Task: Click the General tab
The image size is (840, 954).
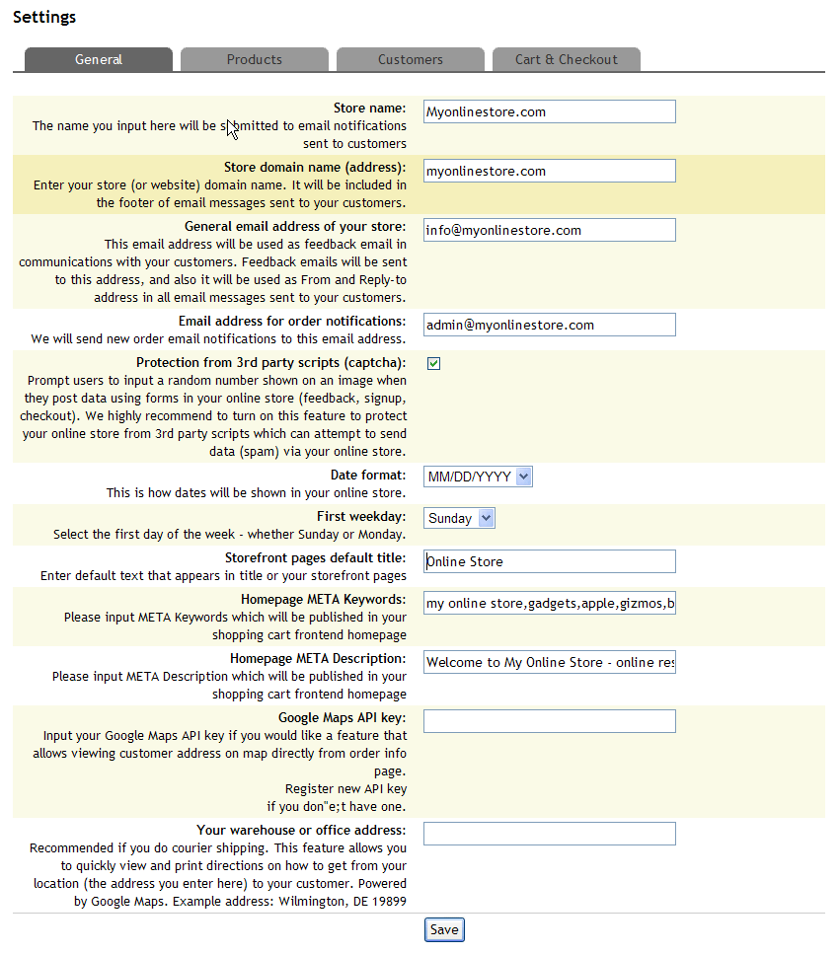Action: coord(99,59)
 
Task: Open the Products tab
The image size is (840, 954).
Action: coord(254,59)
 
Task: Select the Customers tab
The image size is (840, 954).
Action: coord(410,59)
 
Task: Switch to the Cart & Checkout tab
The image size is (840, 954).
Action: coord(566,59)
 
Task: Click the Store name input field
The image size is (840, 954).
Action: coord(549,111)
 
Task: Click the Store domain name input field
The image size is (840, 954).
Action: coord(549,171)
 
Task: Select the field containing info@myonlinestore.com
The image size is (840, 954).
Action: coord(549,230)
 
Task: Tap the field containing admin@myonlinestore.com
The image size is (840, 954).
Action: coord(549,325)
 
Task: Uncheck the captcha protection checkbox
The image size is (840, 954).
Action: coord(433,363)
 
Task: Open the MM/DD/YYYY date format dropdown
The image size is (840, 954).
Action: coord(479,477)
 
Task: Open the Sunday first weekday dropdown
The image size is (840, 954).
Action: coord(459,518)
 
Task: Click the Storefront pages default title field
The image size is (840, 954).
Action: coord(549,561)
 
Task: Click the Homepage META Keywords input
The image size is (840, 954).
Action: coord(549,603)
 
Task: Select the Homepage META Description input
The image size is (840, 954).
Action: coord(549,662)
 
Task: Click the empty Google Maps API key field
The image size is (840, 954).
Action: coord(549,721)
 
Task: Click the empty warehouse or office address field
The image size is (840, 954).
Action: coord(549,834)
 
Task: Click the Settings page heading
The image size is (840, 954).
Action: coord(44,17)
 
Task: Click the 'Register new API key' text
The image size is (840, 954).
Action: coord(345,789)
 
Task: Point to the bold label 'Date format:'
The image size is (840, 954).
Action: coord(368,476)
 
